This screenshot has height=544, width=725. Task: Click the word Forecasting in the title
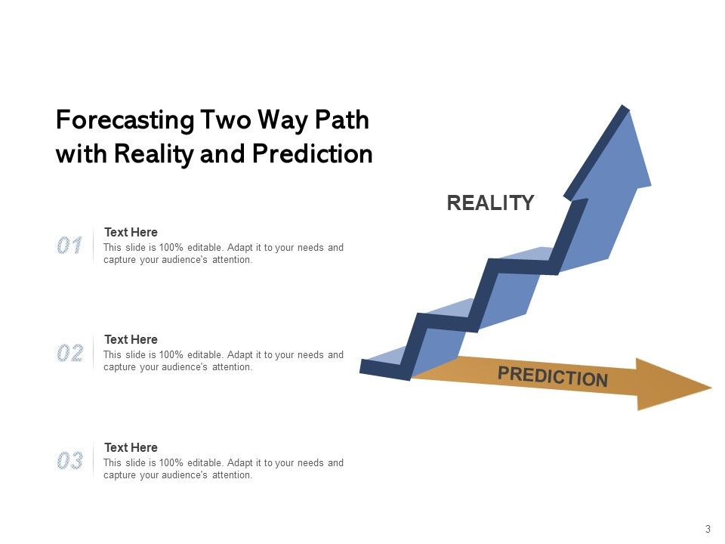pos(125,121)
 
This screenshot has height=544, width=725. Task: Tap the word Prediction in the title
pos(312,154)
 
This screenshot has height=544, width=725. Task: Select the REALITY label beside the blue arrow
pos(490,203)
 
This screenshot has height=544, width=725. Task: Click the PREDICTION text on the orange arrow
pos(553,376)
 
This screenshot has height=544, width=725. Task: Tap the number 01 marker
pos(69,246)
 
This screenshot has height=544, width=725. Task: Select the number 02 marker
pos(69,353)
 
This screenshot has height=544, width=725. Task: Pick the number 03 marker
pos(69,461)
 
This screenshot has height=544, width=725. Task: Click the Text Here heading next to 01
pos(131,233)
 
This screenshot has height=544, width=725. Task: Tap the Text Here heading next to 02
pos(131,340)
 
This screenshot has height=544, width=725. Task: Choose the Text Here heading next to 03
pos(131,448)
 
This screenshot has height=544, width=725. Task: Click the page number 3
pos(708,529)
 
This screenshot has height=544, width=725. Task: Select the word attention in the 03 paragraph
pos(232,475)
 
